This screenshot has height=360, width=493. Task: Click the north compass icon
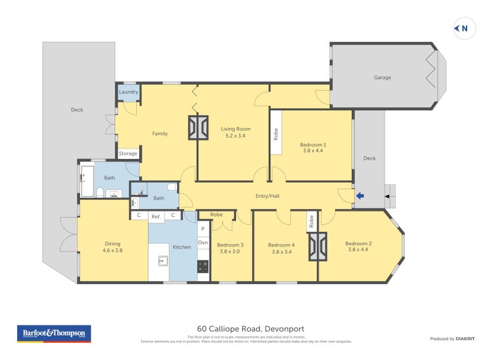pos(464,28)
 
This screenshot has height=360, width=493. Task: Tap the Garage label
pos(382,78)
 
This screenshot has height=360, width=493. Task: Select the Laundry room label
pos(128,92)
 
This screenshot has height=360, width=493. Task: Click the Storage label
pos(128,153)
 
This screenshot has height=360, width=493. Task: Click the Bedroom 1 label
pos(312,144)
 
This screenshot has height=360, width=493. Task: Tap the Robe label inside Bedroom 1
pos(275,134)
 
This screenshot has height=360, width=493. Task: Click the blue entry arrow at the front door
pos(361,196)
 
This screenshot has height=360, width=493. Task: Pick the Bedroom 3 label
pos(230,245)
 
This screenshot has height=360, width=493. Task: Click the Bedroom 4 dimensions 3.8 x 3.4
pos(281,252)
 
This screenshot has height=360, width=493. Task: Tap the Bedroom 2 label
pos(358,243)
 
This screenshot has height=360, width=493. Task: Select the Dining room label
pos(112,243)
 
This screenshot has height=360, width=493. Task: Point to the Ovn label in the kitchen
pos(203,243)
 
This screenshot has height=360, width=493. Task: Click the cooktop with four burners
pos(203,266)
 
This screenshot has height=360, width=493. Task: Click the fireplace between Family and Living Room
pos(198,128)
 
